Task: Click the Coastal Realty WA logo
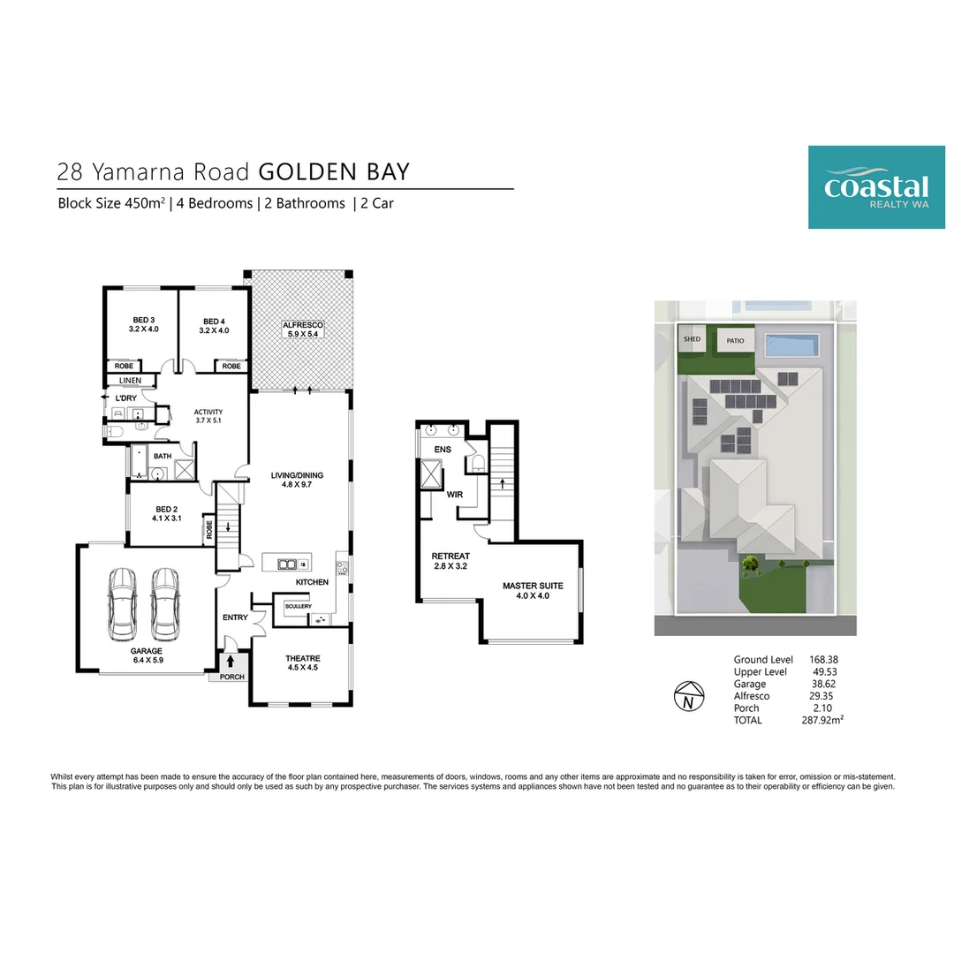click(x=876, y=187)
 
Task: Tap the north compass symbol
click(x=689, y=696)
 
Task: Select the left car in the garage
click(x=122, y=604)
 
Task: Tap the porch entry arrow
click(x=230, y=661)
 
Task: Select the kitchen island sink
click(x=286, y=564)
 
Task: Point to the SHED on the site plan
click(x=692, y=339)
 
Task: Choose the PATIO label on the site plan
click(x=735, y=341)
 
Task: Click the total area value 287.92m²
click(x=822, y=720)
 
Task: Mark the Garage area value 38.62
click(x=823, y=684)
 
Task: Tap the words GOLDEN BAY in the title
click(x=334, y=171)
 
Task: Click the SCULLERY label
click(x=299, y=606)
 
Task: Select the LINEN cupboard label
click(x=130, y=380)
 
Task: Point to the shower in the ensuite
click(x=431, y=474)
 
